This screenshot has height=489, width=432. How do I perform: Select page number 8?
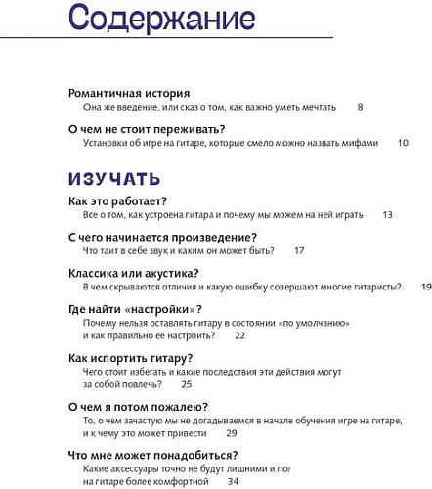pos(360,107)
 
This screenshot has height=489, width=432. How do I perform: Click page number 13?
pos(388,214)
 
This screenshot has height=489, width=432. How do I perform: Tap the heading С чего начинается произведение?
pos(163,238)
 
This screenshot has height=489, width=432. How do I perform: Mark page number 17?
pos(299,250)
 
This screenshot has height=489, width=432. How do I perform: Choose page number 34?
pos(233,481)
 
